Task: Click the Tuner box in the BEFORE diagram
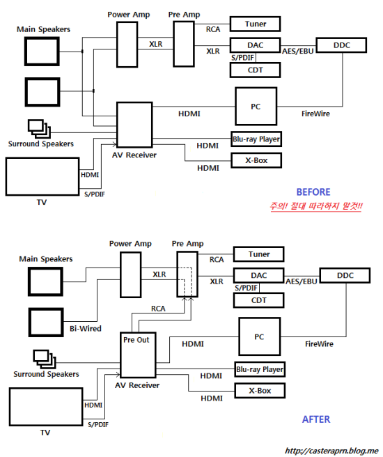click(255, 24)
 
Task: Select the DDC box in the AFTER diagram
click(345, 275)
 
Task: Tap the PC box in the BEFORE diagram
click(256, 107)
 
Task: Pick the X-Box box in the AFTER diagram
click(260, 391)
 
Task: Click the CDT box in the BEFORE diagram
click(255, 70)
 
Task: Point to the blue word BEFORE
click(313, 192)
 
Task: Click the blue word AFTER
click(316, 419)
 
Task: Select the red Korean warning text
click(316, 206)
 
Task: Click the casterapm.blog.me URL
click(331, 451)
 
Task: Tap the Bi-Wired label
click(86, 329)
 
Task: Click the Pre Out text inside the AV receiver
click(136, 340)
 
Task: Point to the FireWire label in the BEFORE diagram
click(315, 114)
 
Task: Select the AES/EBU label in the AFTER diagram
click(301, 281)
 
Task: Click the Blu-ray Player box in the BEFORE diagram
click(256, 139)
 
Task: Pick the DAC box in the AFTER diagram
click(258, 275)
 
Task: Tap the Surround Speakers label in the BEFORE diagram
click(41, 144)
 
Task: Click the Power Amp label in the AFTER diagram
click(130, 244)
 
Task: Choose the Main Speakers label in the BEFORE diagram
click(43, 29)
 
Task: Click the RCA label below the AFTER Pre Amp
click(158, 309)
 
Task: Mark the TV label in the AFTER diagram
click(45, 433)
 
